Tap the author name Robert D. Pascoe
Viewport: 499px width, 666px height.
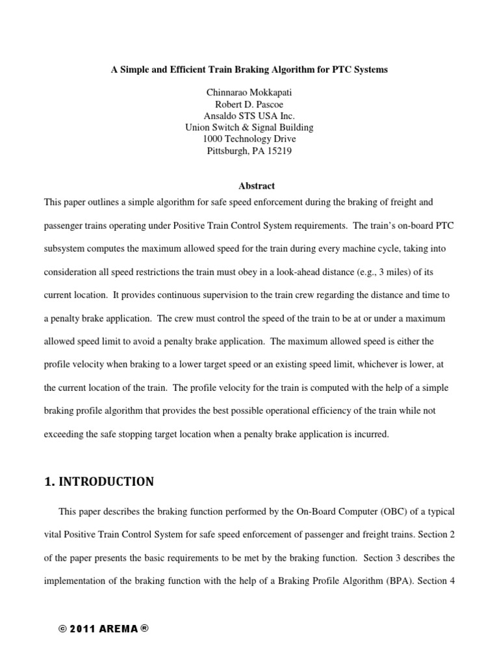point(249,105)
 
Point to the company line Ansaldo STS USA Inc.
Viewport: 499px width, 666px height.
point(249,116)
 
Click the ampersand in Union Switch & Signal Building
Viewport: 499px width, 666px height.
point(246,127)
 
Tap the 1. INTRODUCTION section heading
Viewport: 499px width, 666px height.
point(99,482)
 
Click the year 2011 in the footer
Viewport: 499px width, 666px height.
point(85,629)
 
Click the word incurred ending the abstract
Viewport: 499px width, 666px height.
point(372,434)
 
